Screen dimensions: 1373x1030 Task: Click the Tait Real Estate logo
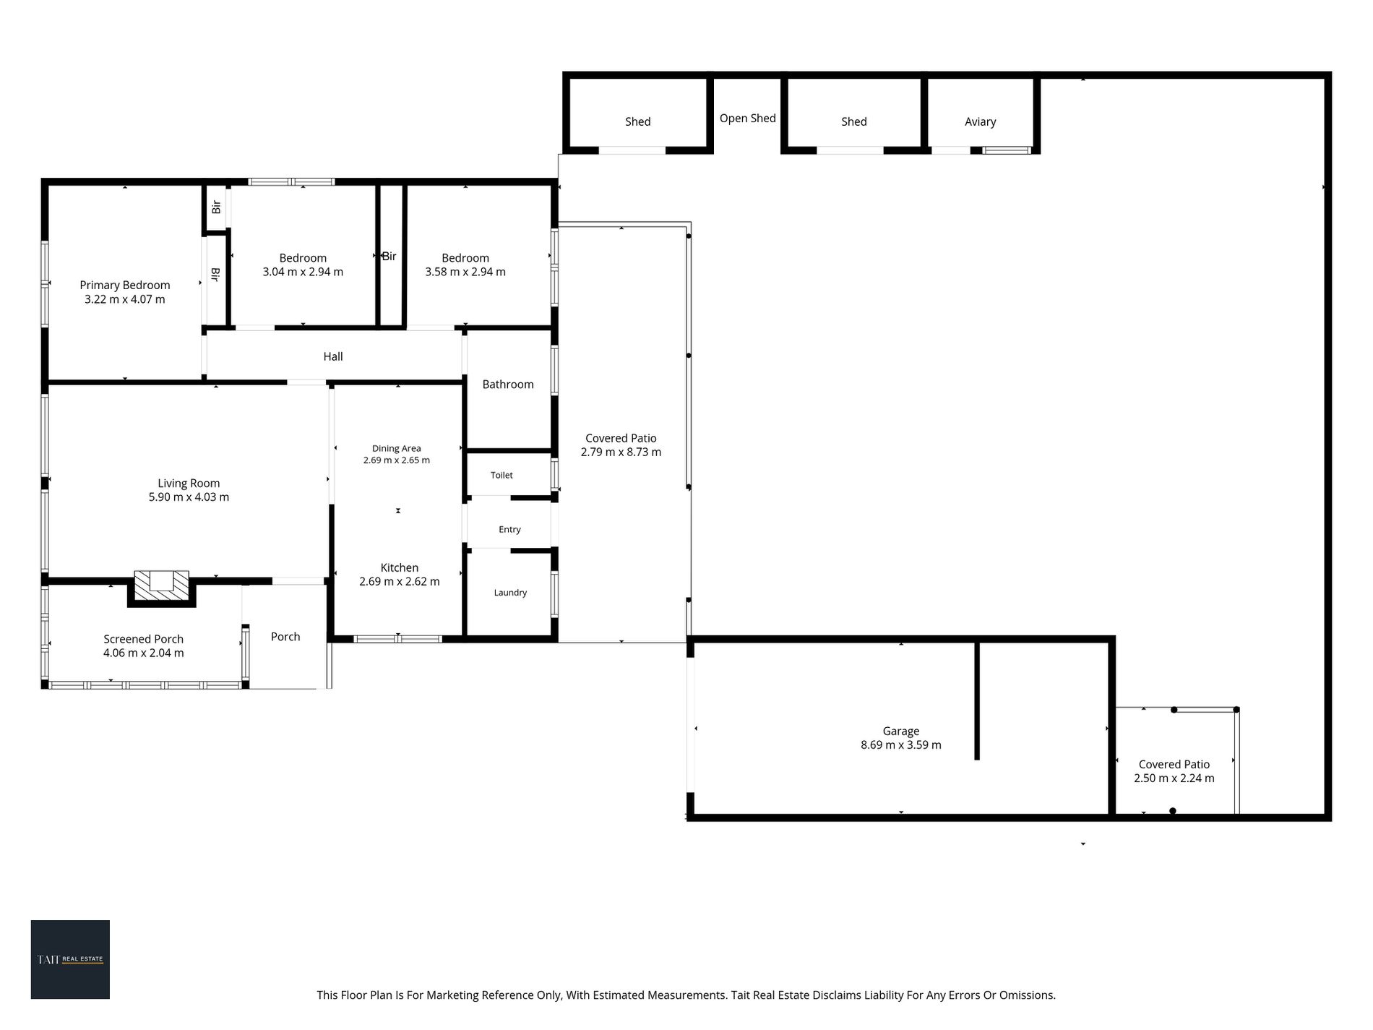coord(70,959)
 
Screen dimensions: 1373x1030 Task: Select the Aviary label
coord(980,121)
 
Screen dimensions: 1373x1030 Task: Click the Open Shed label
coord(747,118)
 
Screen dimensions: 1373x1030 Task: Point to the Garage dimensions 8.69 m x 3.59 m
coord(900,744)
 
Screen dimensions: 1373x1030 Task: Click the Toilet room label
coord(502,475)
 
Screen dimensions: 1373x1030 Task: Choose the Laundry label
coord(510,593)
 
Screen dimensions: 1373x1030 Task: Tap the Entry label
coord(509,529)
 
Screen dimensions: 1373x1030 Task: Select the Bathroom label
coord(508,384)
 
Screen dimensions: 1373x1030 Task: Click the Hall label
coord(333,356)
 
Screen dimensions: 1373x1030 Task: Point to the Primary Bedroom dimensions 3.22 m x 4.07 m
coord(124,299)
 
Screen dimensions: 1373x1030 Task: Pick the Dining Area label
coord(396,448)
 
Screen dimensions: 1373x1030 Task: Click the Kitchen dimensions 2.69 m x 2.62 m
coord(399,581)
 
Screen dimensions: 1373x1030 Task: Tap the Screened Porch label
coord(143,639)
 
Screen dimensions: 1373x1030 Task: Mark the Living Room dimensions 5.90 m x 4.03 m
coord(189,497)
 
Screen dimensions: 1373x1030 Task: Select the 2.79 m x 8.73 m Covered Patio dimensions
coord(621,452)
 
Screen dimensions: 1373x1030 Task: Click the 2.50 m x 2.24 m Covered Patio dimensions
coord(1174,778)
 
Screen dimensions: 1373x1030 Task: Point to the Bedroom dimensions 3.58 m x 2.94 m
coord(465,272)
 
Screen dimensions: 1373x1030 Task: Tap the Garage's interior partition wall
coord(977,700)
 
